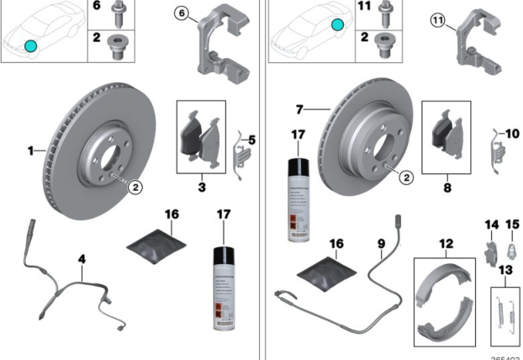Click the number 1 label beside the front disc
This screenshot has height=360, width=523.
tap(30, 152)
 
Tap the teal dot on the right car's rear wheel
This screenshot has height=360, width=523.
tap(336, 26)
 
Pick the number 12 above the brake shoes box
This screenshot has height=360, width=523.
tap(446, 244)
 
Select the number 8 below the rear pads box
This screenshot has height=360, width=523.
tap(446, 178)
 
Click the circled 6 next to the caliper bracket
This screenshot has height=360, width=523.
tap(182, 13)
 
